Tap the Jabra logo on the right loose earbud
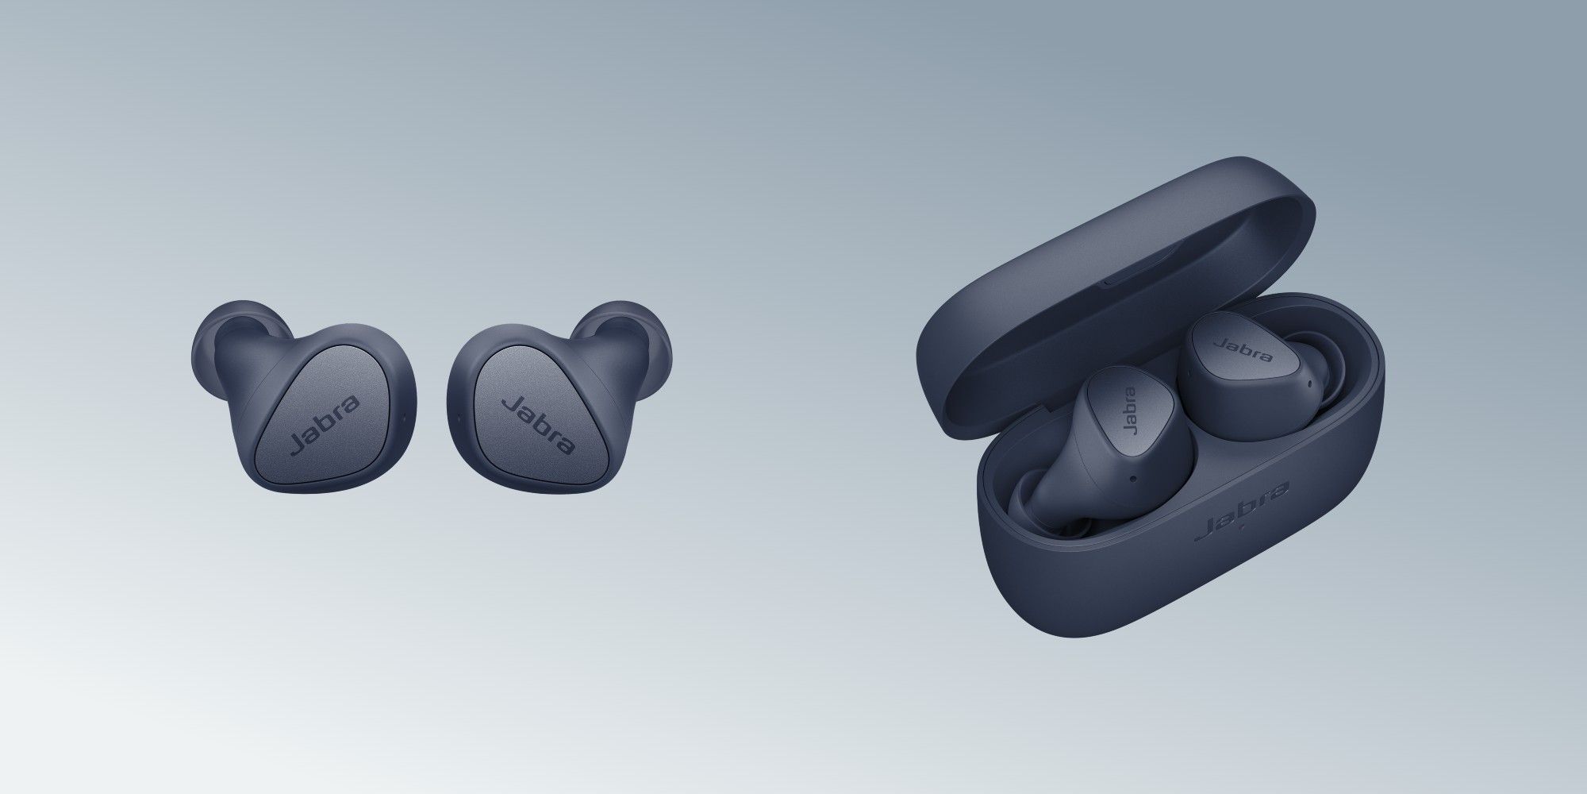point(540,426)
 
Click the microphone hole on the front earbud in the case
point(1132,479)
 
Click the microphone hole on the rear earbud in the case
point(1307,387)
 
